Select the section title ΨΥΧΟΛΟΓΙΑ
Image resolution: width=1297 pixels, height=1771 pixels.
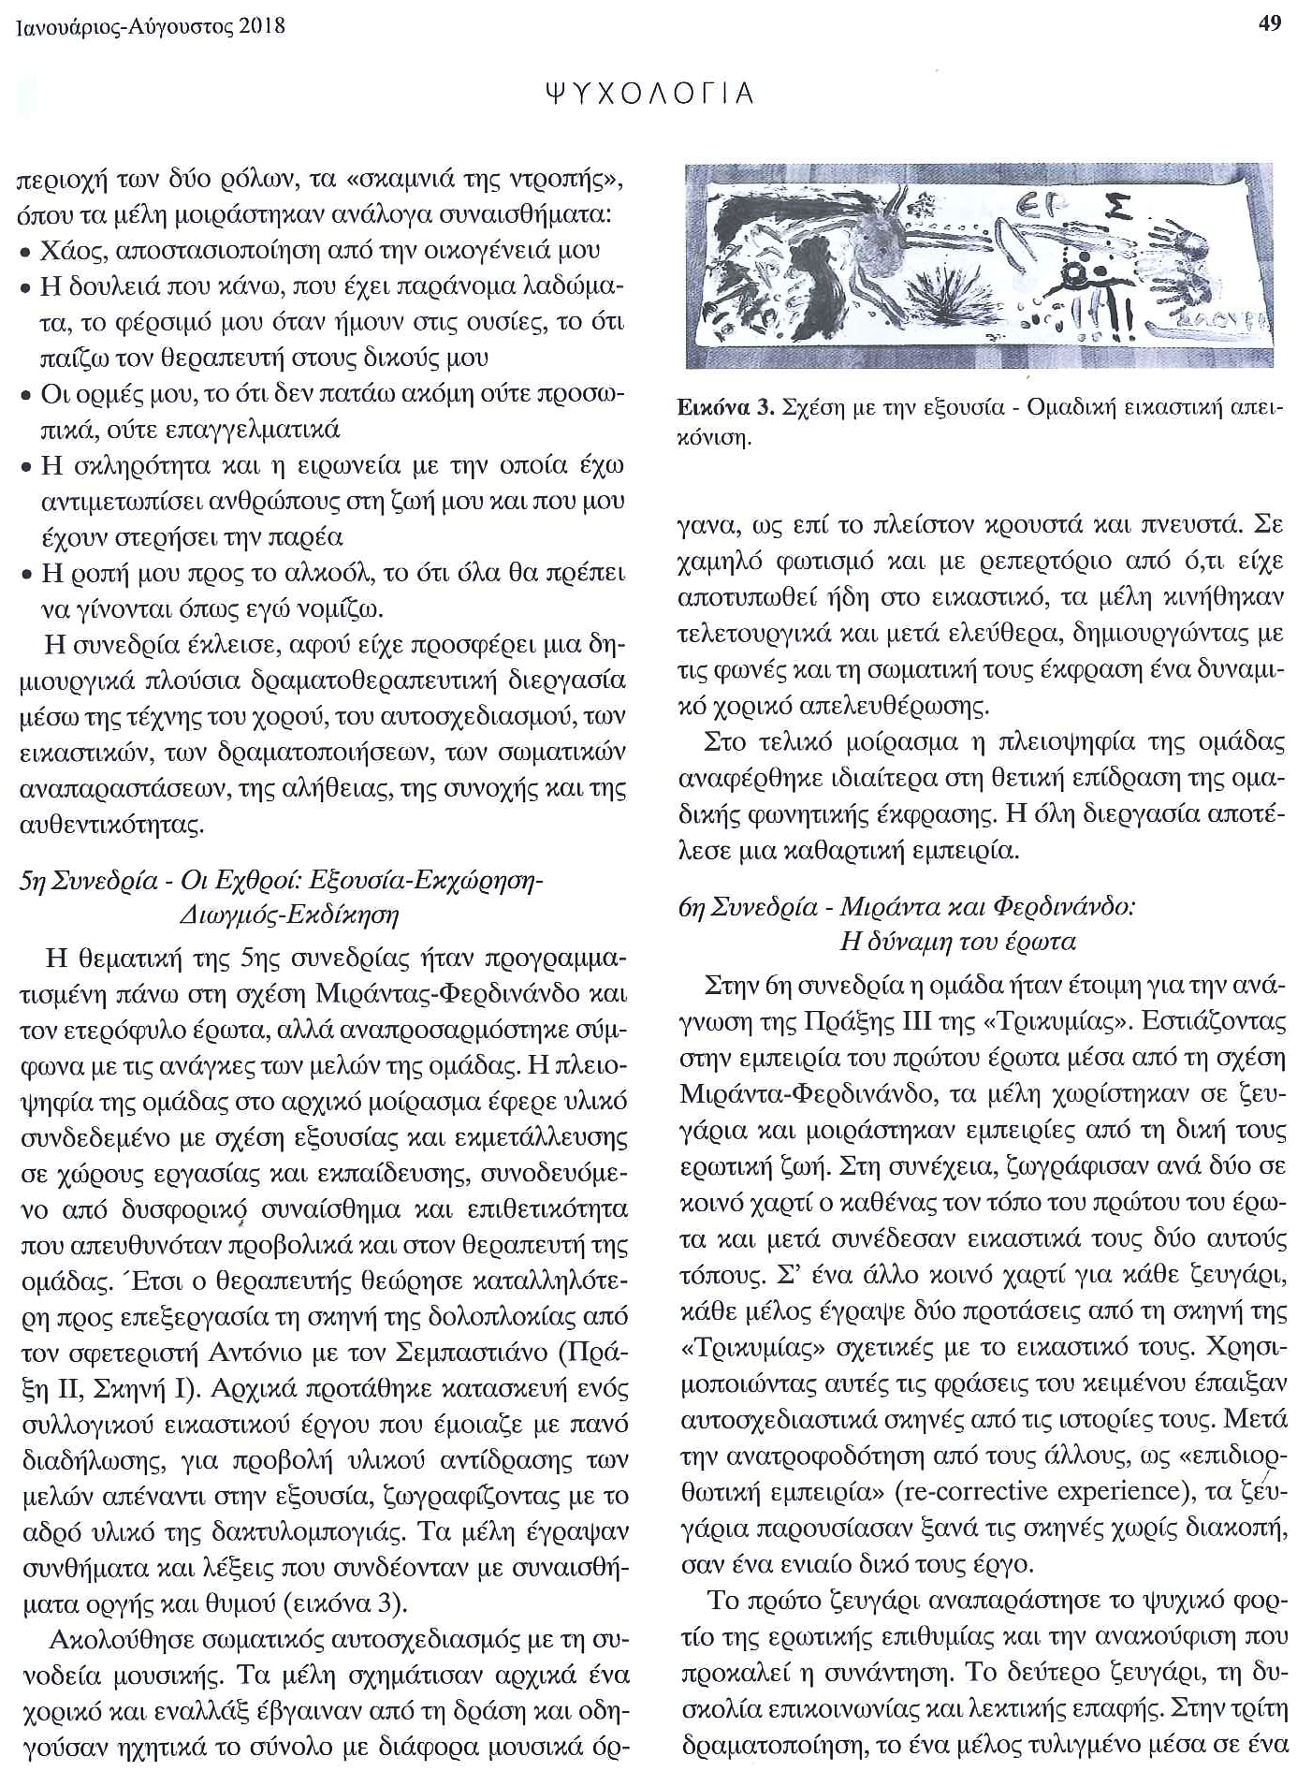click(x=648, y=94)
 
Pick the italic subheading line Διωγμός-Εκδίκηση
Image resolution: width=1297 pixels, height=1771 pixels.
click(x=289, y=914)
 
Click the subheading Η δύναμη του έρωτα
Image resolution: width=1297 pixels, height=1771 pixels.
click(x=957, y=941)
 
